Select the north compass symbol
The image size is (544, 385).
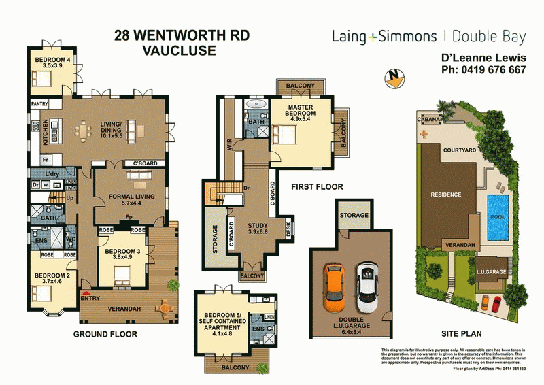[392, 79]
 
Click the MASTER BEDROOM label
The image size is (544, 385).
[299, 112]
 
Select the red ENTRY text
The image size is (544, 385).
[89, 298]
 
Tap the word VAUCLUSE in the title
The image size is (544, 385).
[179, 50]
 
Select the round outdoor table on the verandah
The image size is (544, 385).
[164, 307]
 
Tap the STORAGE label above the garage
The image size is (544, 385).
[354, 215]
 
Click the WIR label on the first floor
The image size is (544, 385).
[229, 144]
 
